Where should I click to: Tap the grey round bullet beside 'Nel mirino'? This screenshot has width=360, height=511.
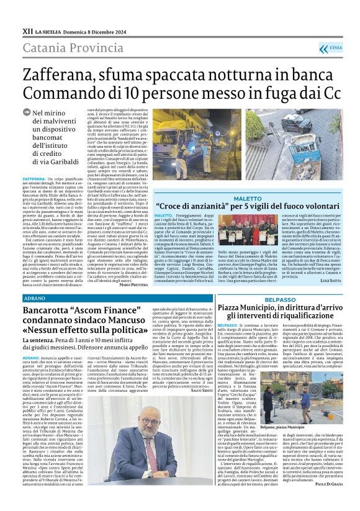coord(43,114)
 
